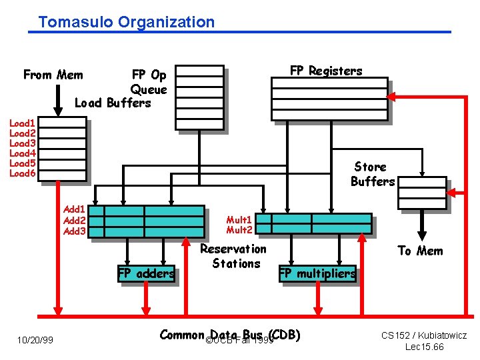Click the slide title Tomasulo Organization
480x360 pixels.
pos(127,22)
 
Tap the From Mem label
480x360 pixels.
pos(53,75)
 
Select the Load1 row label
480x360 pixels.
pos(22,123)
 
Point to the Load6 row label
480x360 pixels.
pos(22,173)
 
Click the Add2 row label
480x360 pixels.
pos(74,220)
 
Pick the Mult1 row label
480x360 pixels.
pos(239,219)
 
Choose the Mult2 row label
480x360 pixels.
pos(239,230)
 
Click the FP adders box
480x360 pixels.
pos(146,273)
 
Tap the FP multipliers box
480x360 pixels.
pos(317,273)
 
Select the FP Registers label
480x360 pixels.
pos(326,71)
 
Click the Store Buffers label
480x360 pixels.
pos(372,174)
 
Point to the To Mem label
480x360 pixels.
pos(420,251)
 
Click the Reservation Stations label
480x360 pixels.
pos(233,256)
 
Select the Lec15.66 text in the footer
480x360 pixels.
pos(424,347)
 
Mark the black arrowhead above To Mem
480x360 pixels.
pos(422,234)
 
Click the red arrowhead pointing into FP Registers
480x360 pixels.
pos(393,97)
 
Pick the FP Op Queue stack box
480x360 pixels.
pos(199,97)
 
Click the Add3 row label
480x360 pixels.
pos(74,231)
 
